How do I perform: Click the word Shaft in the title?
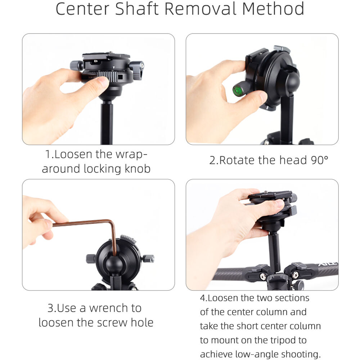point(136,9)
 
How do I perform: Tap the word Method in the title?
point(273,9)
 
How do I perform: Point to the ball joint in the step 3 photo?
point(114,264)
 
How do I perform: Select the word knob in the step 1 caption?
point(138,168)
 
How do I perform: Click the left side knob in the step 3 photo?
point(91,259)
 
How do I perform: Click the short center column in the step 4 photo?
point(274,252)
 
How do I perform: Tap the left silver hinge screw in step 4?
point(262,276)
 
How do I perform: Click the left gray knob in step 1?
point(77,66)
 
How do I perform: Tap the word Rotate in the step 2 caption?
point(237,160)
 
